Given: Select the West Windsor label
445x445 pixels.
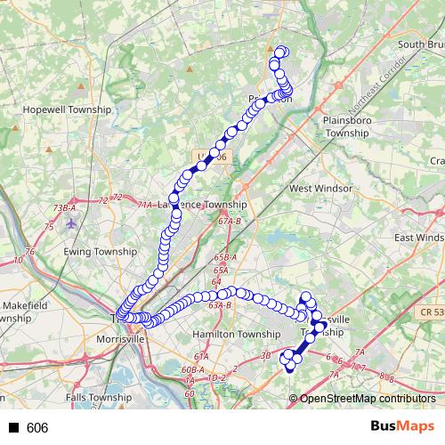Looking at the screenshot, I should point(320,189).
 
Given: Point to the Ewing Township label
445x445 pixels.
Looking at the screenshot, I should point(98,252).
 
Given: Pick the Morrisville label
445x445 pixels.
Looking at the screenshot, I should point(121,340).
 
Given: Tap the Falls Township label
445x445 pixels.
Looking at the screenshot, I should point(99,398).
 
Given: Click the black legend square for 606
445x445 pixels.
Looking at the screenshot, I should point(14,428).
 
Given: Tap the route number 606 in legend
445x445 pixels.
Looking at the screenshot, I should point(37,428).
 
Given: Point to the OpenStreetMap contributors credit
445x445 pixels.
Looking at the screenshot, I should point(368,400).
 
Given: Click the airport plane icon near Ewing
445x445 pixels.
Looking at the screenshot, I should point(72,223).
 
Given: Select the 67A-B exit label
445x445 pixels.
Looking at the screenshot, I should point(230,222).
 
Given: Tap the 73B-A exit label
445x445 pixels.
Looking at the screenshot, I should point(65,207).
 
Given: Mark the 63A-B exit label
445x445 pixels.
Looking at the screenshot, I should point(218,305).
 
